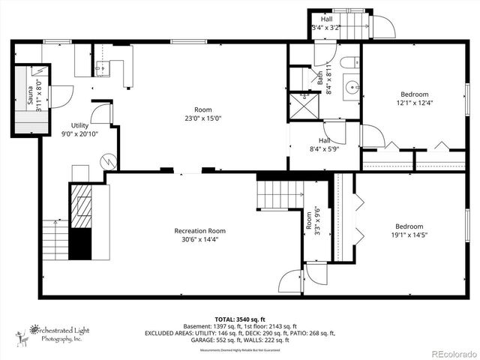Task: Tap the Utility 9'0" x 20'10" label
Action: coord(80,130)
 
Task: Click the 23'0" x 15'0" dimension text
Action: coord(202,118)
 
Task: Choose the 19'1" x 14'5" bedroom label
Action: coord(409,231)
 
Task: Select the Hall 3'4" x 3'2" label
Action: coord(326,23)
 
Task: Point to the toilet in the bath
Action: coord(350,63)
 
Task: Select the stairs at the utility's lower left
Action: coord(55,238)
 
